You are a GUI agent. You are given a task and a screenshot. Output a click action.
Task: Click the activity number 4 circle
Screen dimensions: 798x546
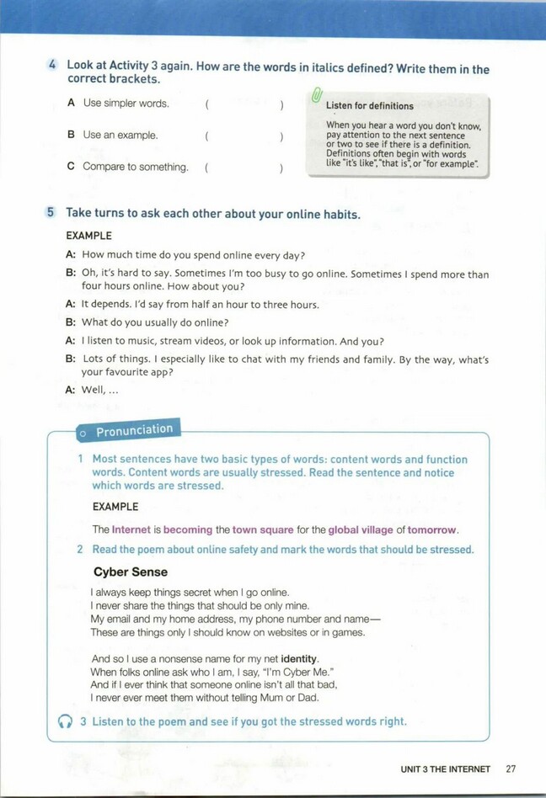(x=52, y=65)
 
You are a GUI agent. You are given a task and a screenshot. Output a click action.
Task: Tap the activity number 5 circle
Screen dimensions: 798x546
(x=52, y=214)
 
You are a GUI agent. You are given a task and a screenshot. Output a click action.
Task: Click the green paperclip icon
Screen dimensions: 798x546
(x=316, y=98)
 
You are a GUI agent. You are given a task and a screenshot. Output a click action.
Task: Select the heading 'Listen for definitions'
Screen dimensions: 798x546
(x=369, y=106)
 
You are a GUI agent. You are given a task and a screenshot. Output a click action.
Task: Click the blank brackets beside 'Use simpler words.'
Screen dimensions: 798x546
(x=244, y=104)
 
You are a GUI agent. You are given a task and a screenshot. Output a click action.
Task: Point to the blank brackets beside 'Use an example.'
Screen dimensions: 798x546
(x=244, y=136)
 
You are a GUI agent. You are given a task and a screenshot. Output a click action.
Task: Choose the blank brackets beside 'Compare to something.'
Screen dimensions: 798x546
(x=244, y=168)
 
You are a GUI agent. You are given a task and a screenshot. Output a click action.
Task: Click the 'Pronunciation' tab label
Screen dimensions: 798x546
(x=134, y=430)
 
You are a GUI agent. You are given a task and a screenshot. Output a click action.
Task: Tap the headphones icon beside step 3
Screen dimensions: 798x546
(x=66, y=722)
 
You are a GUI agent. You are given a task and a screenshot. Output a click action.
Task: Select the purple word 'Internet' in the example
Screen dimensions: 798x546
(x=131, y=530)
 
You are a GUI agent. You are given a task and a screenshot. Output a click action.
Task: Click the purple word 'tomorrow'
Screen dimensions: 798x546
(x=432, y=530)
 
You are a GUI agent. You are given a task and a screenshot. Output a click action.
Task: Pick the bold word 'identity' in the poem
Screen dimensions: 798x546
(x=300, y=658)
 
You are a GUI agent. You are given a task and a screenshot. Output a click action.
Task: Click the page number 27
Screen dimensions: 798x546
(x=511, y=769)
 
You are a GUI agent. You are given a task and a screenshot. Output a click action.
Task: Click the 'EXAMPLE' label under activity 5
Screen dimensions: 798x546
(x=88, y=236)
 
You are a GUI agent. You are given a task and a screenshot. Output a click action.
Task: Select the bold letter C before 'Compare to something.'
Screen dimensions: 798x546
(x=71, y=167)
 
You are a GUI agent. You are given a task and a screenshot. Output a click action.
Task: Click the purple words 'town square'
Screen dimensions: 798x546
(x=264, y=530)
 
